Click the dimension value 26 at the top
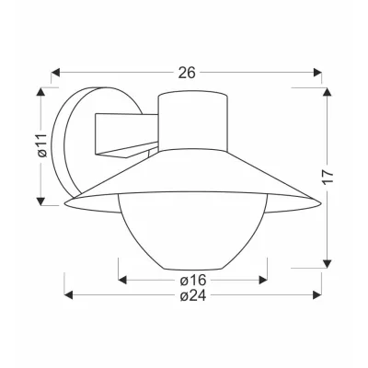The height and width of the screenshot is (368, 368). pos(187,73)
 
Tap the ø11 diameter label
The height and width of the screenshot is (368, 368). pos(43,145)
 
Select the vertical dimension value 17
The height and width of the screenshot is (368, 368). pos(328,177)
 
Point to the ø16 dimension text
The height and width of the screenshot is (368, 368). pos(192,280)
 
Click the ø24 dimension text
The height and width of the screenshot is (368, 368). pos(193,295)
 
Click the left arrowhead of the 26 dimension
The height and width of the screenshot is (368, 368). pos(55,73)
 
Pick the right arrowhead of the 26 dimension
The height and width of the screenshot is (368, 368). pos(317,73)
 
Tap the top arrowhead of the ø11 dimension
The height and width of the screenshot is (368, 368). pos(40,92)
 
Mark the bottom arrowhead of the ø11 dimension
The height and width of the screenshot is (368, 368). pos(40,201)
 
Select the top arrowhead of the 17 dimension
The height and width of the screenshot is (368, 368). pos(328,92)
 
